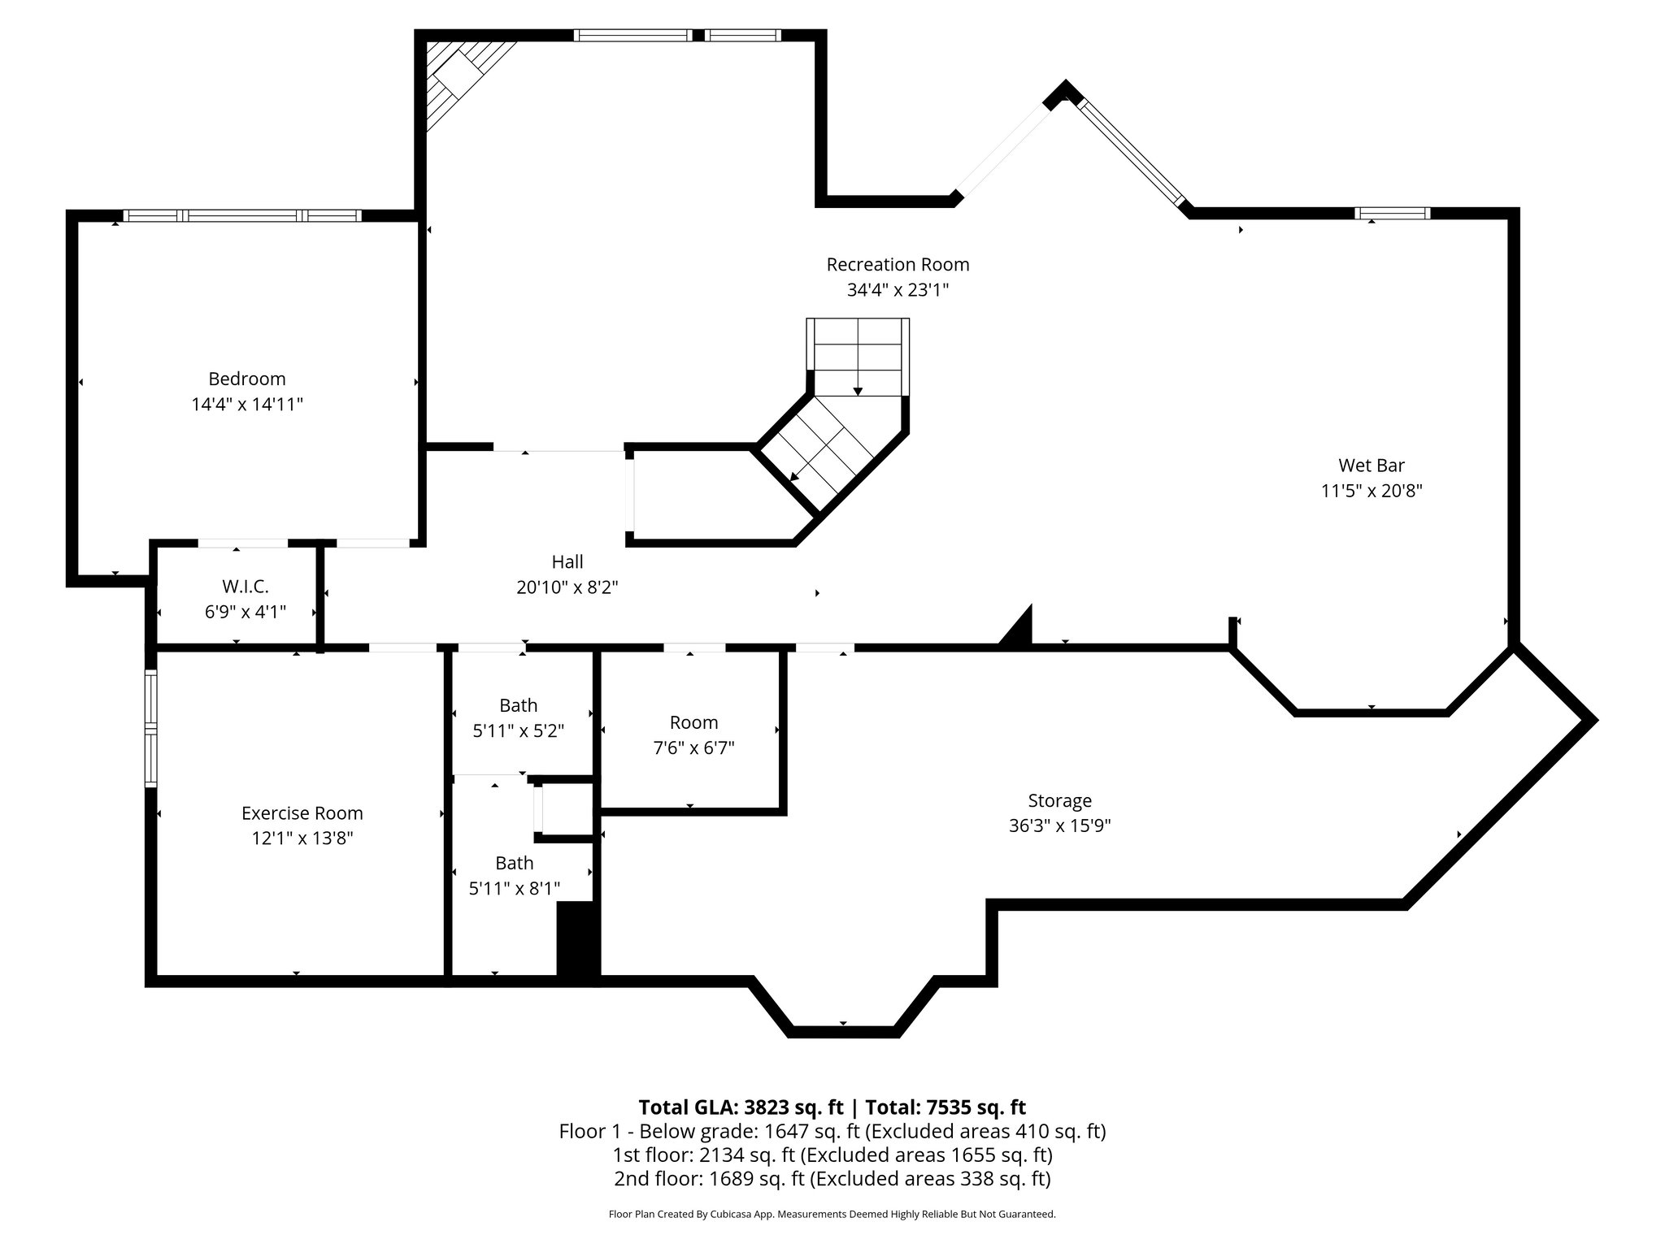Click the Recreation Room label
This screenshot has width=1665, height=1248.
[898, 264]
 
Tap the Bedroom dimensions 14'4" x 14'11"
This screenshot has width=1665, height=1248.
[247, 404]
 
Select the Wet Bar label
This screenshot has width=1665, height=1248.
[1372, 466]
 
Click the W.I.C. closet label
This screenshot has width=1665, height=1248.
[245, 586]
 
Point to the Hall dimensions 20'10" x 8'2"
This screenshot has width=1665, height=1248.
[567, 587]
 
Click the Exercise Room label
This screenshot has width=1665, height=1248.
[302, 812]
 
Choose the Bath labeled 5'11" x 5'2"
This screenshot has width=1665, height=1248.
[518, 705]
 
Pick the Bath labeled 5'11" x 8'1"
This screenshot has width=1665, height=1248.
[515, 863]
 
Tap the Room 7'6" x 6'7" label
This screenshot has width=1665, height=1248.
[693, 722]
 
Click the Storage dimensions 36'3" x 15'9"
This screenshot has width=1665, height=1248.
[1059, 825]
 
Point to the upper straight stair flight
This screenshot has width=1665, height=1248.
[858, 357]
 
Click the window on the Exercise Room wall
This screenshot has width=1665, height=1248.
[150, 728]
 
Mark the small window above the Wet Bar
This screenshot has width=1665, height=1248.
[1392, 214]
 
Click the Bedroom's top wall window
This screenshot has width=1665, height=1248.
[241, 215]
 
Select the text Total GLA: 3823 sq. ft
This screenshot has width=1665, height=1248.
[741, 1107]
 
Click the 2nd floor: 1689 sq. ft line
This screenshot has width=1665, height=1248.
[832, 1178]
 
